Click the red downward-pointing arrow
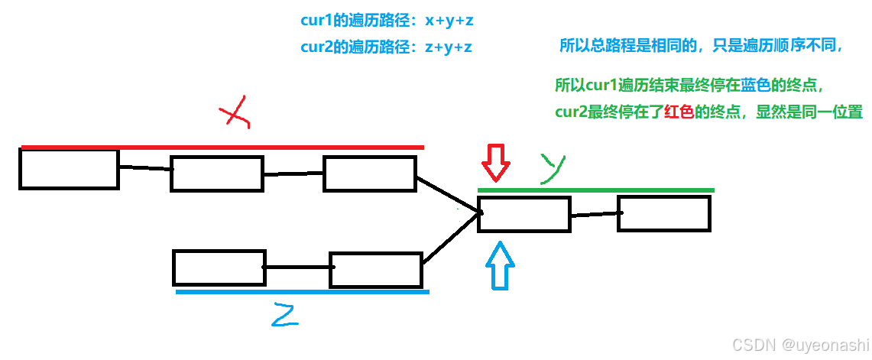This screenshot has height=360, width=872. tap(495, 164)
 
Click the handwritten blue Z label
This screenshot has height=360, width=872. tap(284, 313)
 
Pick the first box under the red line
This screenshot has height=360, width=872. tap(69, 169)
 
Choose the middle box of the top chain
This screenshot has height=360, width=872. tap(217, 174)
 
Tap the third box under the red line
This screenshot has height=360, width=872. tap(370, 173)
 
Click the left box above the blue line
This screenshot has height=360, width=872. tap(219, 268)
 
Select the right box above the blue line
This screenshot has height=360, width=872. tap(375, 270)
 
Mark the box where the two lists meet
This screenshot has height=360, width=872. tap(524, 214)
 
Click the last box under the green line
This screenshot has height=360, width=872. tap(663, 213)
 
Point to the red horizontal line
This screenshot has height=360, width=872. tap(222, 147)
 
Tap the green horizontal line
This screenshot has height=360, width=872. tap(596, 190)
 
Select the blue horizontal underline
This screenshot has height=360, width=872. tap(302, 291)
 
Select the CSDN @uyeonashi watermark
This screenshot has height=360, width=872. tap(800, 345)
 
